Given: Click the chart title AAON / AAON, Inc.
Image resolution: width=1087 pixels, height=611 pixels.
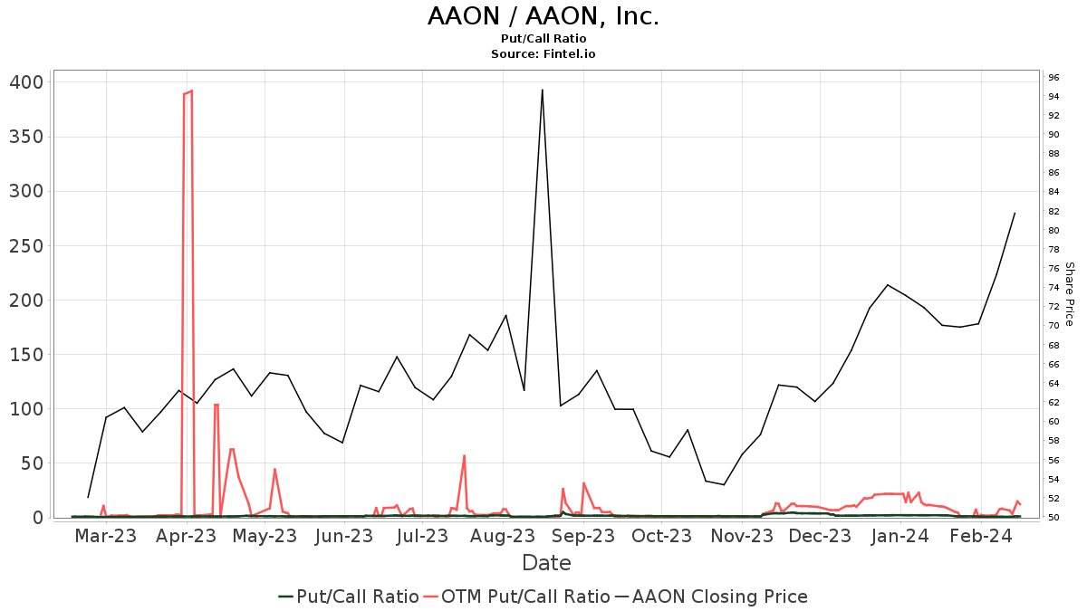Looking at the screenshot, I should pyautogui.click(x=543, y=16).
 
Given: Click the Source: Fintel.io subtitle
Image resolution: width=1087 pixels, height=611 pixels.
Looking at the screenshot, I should pyautogui.click(x=543, y=54).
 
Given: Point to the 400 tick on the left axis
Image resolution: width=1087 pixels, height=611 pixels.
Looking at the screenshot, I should pyautogui.click(x=25, y=82).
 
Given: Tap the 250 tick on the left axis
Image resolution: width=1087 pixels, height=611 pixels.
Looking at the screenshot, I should pyautogui.click(x=25, y=246).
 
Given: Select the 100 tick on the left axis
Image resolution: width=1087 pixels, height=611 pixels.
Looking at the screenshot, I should pyautogui.click(x=25, y=409).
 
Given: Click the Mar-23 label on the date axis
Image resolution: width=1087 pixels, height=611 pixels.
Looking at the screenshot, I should pyautogui.click(x=105, y=536).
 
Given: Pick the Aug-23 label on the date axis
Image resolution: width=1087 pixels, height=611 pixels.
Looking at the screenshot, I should pyautogui.click(x=503, y=536).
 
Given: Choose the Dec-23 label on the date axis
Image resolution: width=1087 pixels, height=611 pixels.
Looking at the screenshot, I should pyautogui.click(x=821, y=536).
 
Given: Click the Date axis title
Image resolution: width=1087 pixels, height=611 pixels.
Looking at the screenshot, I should pyautogui.click(x=546, y=563).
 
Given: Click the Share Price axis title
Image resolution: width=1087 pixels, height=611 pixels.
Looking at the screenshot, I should pyautogui.click(x=1069, y=294).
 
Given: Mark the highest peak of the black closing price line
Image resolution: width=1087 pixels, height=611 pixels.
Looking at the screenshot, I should pyautogui.click(x=542, y=90).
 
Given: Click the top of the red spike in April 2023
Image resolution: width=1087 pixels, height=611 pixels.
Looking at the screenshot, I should pyautogui.click(x=191, y=91).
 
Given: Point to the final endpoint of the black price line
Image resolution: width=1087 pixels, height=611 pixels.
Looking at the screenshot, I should pyautogui.click(x=1015, y=213).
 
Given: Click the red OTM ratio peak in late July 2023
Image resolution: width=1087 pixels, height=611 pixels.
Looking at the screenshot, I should pyautogui.click(x=464, y=455).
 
